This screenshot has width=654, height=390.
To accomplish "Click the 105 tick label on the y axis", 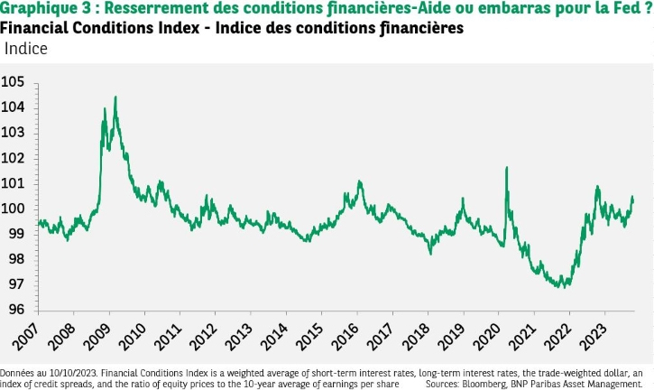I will (15, 82).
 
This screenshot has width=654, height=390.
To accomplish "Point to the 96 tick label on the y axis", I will (15, 309).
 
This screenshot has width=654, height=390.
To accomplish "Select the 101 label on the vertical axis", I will (15, 183).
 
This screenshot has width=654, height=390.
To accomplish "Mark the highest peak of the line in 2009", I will (115, 97).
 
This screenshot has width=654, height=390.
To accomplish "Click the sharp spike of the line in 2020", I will (506, 167).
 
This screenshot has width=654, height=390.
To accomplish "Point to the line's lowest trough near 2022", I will (562, 287).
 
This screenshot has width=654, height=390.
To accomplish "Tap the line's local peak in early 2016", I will (360, 181).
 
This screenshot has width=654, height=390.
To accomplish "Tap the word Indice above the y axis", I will (28, 47).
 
